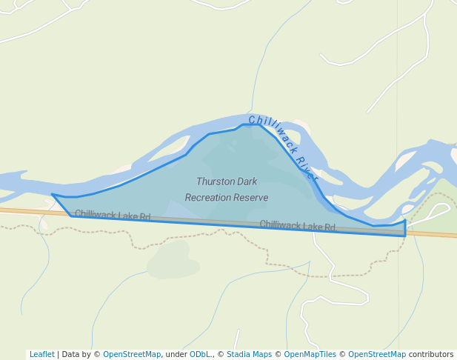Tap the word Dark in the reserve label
247,181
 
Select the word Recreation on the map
208,198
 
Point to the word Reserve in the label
251,198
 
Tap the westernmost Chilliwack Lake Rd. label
113,216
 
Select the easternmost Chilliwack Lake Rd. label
298,225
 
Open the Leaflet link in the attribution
42,354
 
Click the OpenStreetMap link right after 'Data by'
132,354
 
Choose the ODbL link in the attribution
200,354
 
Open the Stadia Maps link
249,354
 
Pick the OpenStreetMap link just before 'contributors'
377,354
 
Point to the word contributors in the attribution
431,354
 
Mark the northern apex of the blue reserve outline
252,124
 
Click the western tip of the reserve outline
52,195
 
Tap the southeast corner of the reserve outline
405,236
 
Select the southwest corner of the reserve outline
72,216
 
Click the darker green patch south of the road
173,259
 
